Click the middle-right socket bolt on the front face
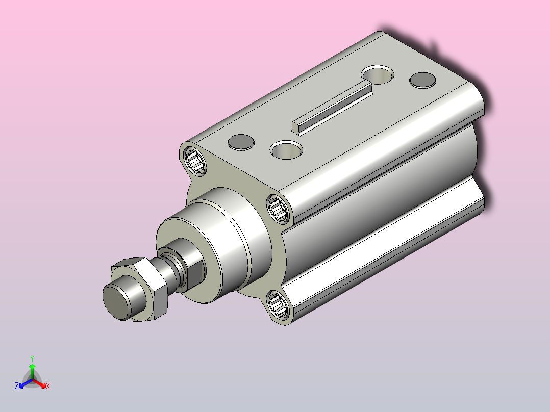tap(279, 209)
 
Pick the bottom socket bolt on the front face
tap(279, 304)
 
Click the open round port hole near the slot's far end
tap(378, 74)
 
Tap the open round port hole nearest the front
tap(286, 150)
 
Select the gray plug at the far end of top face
tap(422, 80)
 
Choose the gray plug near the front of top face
tap(241, 142)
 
